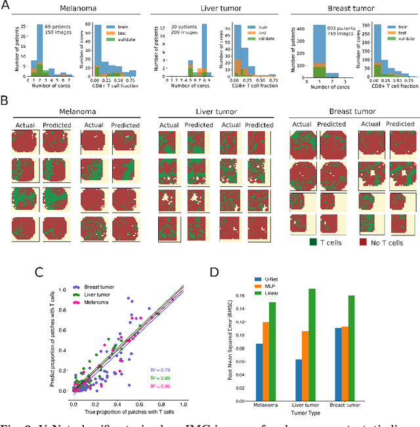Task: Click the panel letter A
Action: coord(5,6)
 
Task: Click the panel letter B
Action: coord(5,103)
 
